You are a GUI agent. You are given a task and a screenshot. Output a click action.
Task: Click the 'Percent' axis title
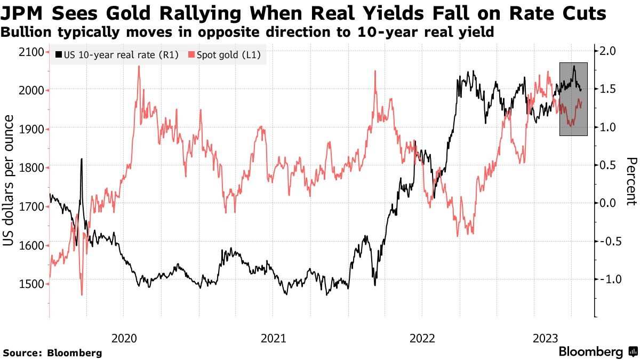pos(631,181)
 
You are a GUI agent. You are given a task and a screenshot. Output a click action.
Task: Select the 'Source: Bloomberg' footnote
pos(52,353)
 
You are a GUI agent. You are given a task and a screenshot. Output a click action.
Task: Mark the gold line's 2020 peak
pos(139,67)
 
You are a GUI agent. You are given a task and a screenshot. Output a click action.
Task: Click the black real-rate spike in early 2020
pos(82,159)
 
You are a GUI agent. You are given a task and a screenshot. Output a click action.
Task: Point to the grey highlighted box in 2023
pos(573,99)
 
